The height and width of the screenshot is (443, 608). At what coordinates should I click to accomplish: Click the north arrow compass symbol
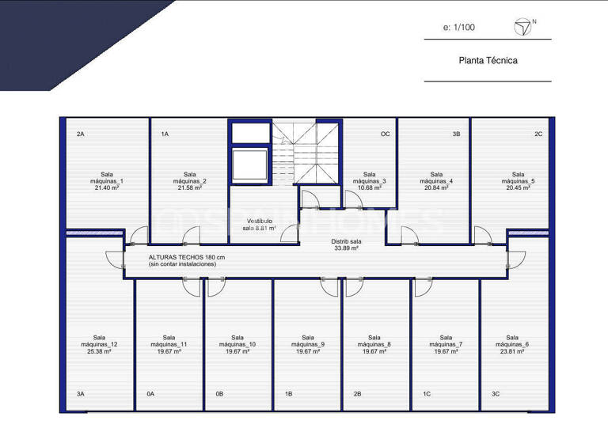pos(522,28)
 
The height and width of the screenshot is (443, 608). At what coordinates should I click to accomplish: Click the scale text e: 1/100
pos(460,28)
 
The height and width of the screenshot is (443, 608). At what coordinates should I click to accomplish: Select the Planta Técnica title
pos(488,60)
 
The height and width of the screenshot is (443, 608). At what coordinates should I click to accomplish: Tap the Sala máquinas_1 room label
pos(107,178)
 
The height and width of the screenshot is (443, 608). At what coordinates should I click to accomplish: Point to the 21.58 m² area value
pos(189,188)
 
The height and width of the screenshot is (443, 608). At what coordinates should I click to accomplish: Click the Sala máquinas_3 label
pos(369,178)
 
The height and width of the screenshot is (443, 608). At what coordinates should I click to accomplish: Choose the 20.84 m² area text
pos(436,188)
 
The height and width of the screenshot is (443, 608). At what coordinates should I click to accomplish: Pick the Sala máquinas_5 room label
pos(518,178)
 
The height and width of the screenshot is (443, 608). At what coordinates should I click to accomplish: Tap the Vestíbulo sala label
pos(260,224)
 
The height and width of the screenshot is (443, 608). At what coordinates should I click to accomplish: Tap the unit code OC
pos(386,134)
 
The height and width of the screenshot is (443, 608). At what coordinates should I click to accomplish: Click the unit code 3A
pos(81,393)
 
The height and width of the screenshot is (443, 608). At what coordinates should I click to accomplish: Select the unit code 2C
pos(538,134)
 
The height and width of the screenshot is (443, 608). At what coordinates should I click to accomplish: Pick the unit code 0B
pos(219,393)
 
